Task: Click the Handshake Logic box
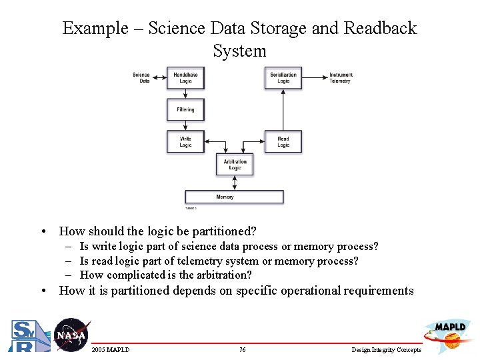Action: pyautogui.click(x=185, y=78)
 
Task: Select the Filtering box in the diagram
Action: pyautogui.click(x=185, y=109)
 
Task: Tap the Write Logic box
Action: pyautogui.click(x=185, y=142)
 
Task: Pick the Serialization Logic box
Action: pyautogui.click(x=283, y=78)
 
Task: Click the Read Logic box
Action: pyautogui.click(x=283, y=142)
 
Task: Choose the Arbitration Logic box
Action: pyautogui.click(x=235, y=164)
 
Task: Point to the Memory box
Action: pyautogui.click(x=234, y=197)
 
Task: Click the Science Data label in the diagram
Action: pyautogui.click(x=141, y=78)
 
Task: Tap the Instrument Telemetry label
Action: pyautogui.click(x=340, y=78)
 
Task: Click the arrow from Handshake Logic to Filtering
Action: pyautogui.click(x=185, y=94)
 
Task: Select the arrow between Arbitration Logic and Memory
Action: pyautogui.click(x=235, y=183)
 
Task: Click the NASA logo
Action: pyautogui.click(x=71, y=335)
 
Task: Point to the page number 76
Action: pyautogui.click(x=242, y=350)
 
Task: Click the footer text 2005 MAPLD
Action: pyautogui.click(x=111, y=350)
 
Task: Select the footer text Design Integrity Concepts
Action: pyautogui.click(x=386, y=350)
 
